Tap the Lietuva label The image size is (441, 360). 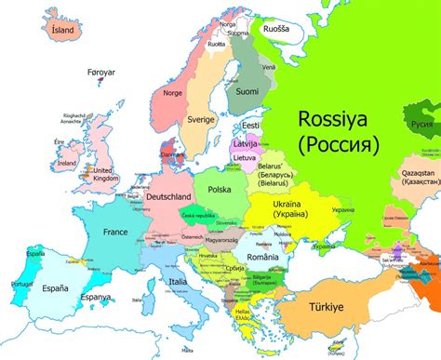(245, 159)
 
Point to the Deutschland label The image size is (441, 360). (168, 197)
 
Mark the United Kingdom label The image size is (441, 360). (102, 175)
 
